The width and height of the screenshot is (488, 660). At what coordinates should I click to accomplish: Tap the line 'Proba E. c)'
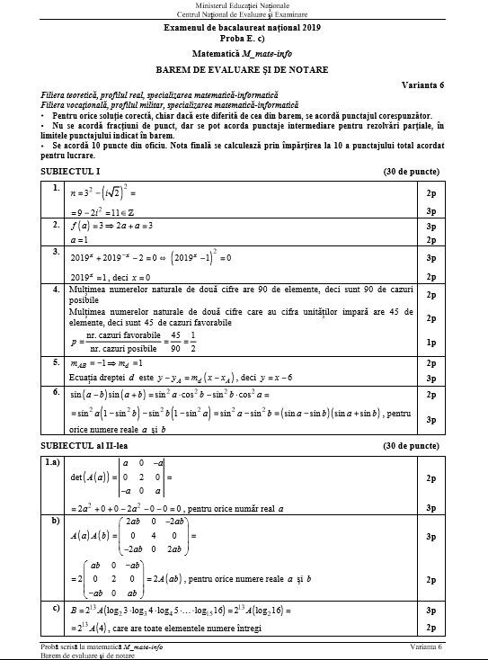coord(243,39)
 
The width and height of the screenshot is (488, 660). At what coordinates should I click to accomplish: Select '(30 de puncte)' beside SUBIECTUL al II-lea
coord(413,446)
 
